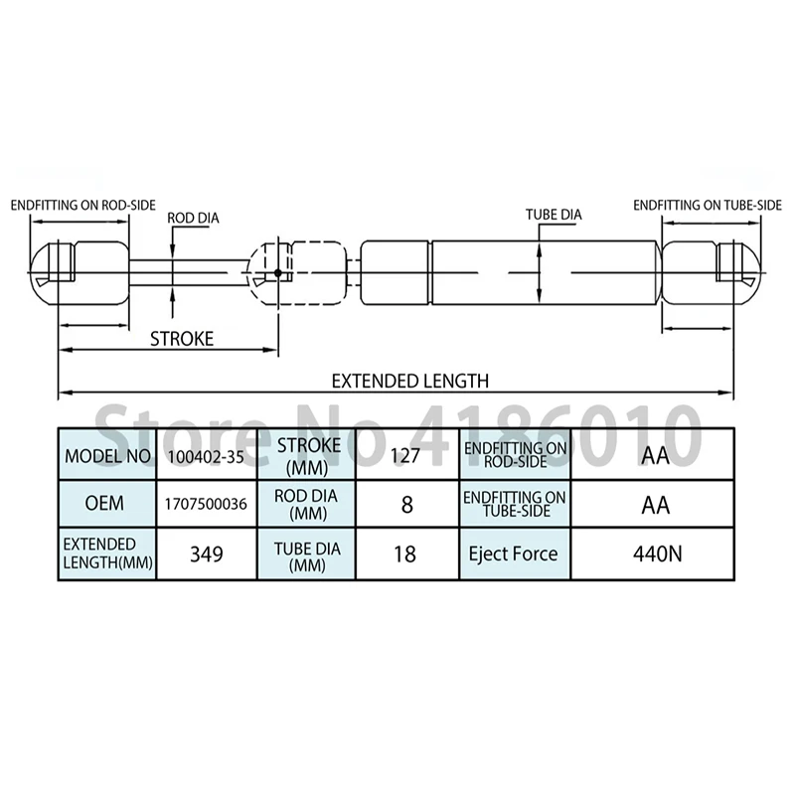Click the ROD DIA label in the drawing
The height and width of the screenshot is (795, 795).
(193, 218)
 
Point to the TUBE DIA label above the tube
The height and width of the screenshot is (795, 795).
(554, 215)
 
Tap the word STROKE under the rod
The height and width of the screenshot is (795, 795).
(182, 339)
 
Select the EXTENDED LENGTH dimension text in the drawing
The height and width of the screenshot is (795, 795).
(410, 381)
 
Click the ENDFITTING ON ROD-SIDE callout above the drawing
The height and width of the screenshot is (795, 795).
(83, 206)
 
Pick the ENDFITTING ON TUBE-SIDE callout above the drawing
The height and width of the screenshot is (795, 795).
(708, 206)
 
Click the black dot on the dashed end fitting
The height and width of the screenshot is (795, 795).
(278, 272)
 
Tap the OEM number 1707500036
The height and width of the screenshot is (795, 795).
(206, 504)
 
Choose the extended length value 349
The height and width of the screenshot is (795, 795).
(207, 555)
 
